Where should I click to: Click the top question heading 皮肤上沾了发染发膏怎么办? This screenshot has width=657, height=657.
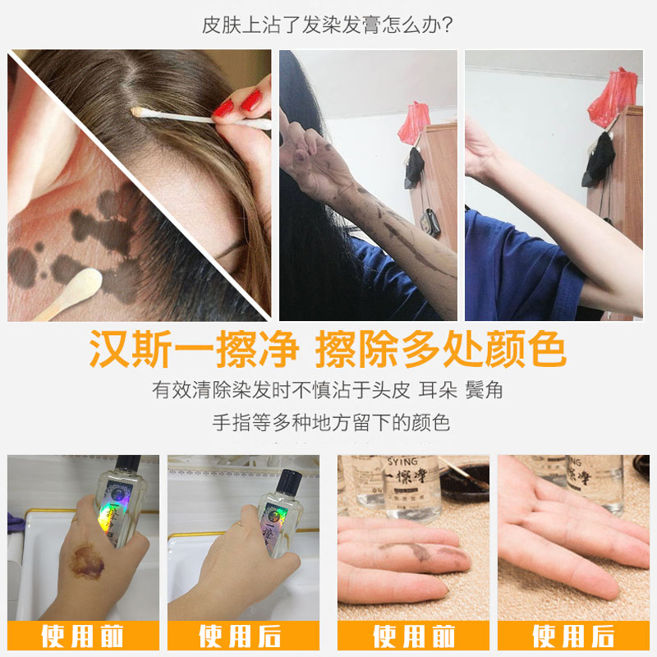click(328, 25)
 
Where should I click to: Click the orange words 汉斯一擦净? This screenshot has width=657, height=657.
click(194, 351)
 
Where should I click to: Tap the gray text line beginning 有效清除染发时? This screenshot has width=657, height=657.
click(328, 390)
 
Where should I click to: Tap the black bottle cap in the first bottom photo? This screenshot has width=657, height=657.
click(127, 469)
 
